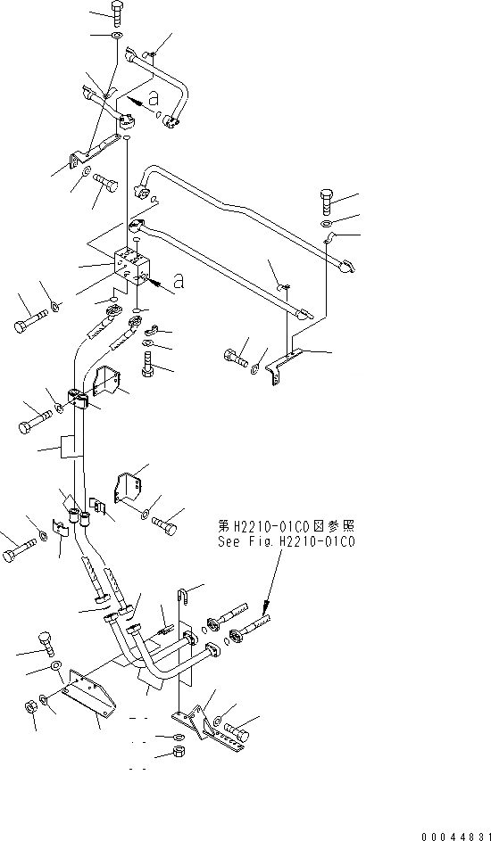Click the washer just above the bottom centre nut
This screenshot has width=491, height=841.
point(177,738)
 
